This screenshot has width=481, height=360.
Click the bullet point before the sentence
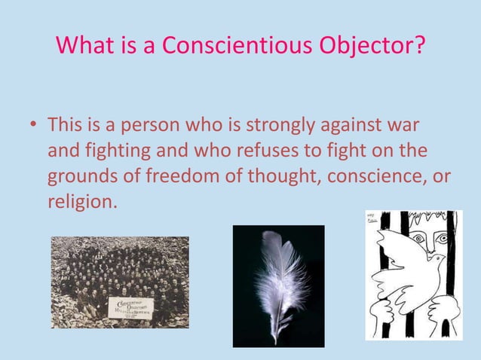34,123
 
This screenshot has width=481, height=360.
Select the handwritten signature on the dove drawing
372,219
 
